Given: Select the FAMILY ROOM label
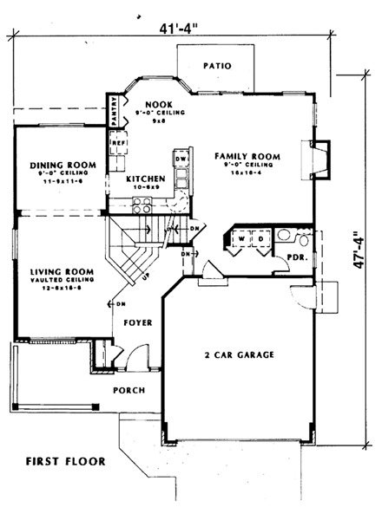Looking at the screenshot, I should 248,156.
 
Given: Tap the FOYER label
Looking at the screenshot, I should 137,322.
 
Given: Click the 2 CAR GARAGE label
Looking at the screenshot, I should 240,354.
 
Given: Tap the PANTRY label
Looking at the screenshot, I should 113,112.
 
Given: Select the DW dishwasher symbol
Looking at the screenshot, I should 181,159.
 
